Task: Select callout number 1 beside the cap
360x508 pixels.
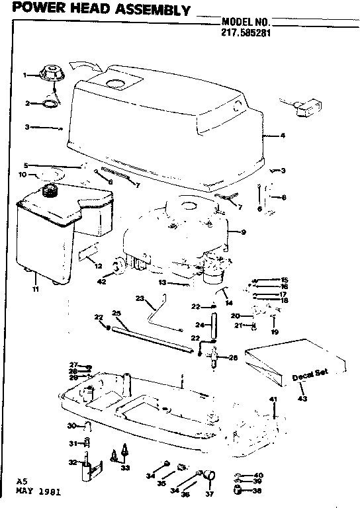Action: pos(25,75)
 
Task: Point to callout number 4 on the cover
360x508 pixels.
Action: pos(283,136)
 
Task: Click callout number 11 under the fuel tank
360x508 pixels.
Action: pos(34,289)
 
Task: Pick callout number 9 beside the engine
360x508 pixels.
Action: pos(244,232)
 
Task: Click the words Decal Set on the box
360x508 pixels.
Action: pos(307,377)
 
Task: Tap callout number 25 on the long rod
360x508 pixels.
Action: pos(116,313)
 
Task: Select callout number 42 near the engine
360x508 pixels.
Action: pos(102,281)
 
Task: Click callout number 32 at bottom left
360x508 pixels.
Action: pos(73,463)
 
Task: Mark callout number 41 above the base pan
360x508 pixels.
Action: pos(272,399)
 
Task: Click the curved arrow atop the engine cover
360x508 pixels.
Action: pos(84,65)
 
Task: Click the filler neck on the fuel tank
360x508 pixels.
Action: pos(49,191)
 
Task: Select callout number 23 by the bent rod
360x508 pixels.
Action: pos(140,298)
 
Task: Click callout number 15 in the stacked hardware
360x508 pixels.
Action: pos(285,279)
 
